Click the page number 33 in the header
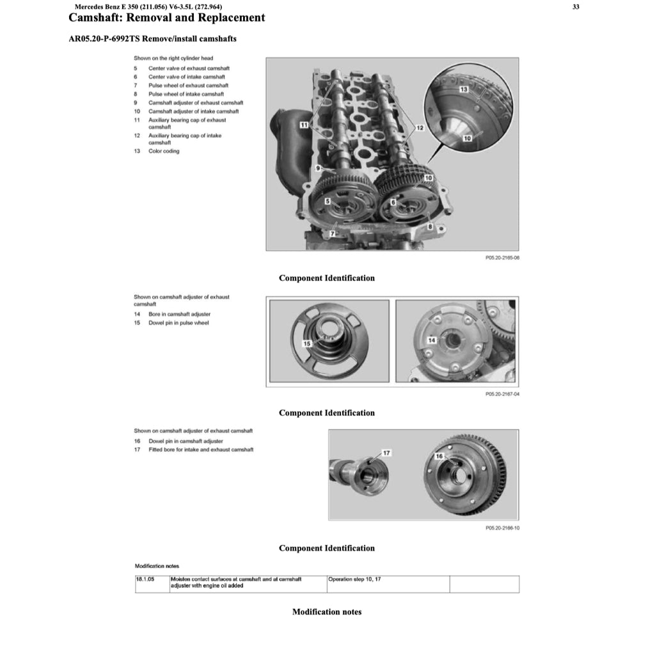[x=576, y=7]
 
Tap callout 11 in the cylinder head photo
[x=304, y=124]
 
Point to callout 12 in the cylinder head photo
[x=420, y=128]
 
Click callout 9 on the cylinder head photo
[x=318, y=168]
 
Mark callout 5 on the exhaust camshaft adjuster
[x=328, y=201]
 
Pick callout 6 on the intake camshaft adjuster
[x=394, y=201]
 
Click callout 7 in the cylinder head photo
[x=333, y=235]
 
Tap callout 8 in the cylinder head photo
[x=430, y=226]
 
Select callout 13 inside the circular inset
[x=464, y=90]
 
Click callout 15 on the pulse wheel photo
[x=306, y=343]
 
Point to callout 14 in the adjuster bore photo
[x=432, y=340]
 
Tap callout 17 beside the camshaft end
[x=386, y=453]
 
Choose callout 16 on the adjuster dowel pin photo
[x=439, y=456]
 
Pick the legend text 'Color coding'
[x=164, y=151]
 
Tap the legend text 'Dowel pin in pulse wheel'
[x=178, y=323]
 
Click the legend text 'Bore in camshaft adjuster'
[x=179, y=314]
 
